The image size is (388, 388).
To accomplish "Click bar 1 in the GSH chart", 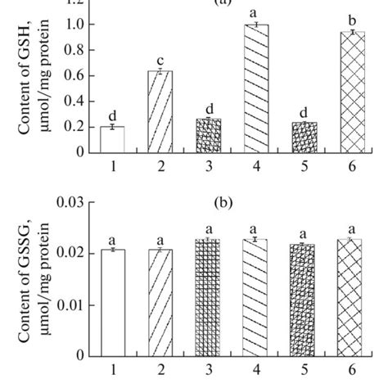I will coord(111,139).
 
